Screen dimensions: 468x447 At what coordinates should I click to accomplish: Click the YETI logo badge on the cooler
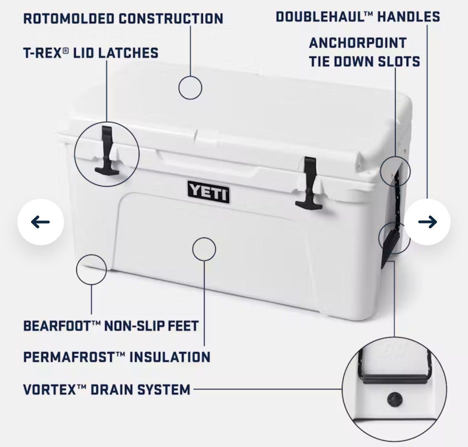click(208, 192)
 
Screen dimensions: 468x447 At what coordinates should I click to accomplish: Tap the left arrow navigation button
click(41, 222)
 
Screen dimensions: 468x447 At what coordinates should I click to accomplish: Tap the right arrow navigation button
click(427, 222)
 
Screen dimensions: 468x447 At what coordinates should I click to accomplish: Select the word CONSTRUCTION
click(171, 19)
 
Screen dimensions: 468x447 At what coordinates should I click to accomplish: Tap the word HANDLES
click(409, 17)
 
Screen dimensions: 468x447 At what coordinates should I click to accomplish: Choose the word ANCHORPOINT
click(358, 43)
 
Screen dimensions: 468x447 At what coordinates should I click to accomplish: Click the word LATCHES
click(129, 53)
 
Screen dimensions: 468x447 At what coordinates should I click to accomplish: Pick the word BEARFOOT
click(57, 326)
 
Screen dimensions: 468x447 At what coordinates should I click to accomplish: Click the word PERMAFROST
click(69, 357)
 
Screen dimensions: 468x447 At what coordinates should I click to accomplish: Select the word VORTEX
click(50, 390)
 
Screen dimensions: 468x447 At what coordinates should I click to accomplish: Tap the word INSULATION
click(170, 357)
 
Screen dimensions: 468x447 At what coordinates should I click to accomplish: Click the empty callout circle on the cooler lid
click(190, 76)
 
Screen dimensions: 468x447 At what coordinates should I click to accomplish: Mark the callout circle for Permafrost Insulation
click(204, 238)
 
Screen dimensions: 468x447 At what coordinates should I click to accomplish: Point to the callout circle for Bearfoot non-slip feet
click(91, 255)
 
